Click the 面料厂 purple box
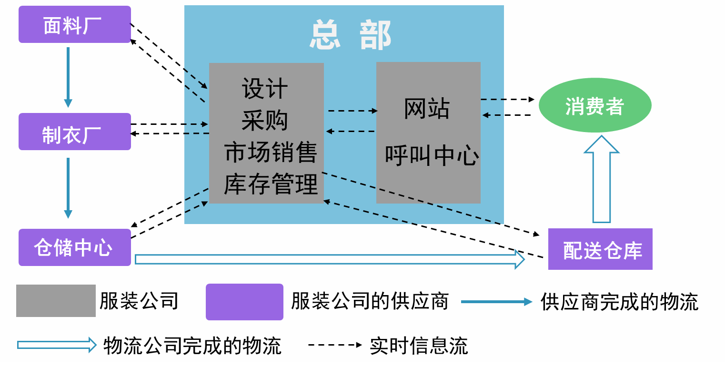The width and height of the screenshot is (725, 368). [74, 25]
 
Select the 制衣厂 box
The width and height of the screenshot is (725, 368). [74, 132]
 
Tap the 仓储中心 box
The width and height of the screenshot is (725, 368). [74, 247]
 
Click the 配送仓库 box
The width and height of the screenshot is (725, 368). [600, 249]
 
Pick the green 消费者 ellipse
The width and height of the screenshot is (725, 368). [595, 106]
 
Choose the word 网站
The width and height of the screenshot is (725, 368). [427, 109]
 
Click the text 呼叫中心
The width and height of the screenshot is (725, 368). [432, 156]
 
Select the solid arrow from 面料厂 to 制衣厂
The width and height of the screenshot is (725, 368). [68, 76]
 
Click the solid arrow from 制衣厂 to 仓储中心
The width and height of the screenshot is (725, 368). [68, 187]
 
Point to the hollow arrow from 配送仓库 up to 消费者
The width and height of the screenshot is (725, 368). [602, 181]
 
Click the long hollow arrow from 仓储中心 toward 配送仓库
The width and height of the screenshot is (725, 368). [329, 259]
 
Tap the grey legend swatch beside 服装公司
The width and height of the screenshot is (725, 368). [56, 301]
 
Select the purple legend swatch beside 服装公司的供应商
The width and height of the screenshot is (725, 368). [244, 302]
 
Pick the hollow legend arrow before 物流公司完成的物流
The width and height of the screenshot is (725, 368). [57, 345]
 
